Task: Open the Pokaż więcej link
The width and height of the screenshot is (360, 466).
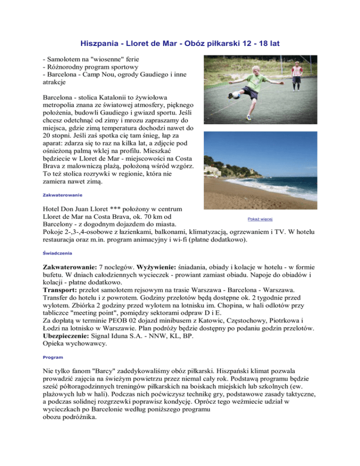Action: (260, 219)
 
